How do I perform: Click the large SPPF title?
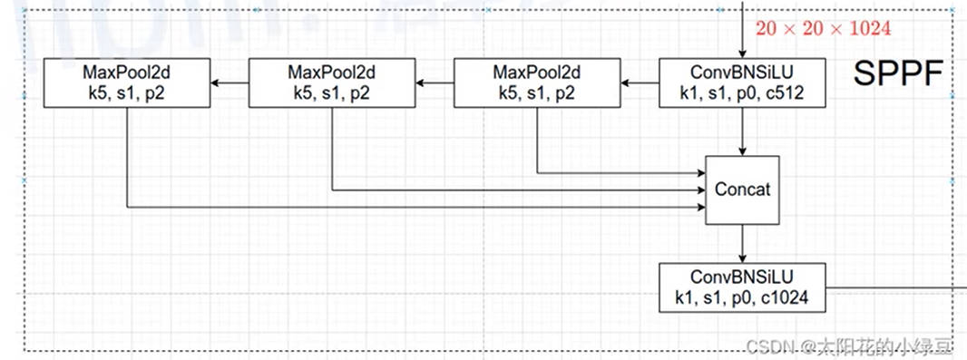[x=899, y=74]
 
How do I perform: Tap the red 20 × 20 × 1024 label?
[x=824, y=29]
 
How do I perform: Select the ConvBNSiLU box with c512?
[x=743, y=83]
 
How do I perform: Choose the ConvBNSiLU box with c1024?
[x=743, y=287]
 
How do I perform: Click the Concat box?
[x=743, y=190]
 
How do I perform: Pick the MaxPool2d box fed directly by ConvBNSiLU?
[x=536, y=83]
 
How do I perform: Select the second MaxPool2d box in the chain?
[x=332, y=83]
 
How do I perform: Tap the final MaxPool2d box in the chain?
[x=127, y=83]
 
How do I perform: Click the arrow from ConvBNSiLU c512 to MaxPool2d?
[x=640, y=83]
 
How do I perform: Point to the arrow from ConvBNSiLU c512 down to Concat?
[x=743, y=131]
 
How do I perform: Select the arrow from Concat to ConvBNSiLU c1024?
[x=743, y=244]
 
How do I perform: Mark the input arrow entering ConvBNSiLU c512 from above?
[x=743, y=29]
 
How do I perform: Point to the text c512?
[x=788, y=94]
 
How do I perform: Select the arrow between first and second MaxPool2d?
[x=435, y=83]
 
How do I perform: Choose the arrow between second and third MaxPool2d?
[x=230, y=83]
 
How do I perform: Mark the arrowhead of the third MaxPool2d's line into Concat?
[x=701, y=207]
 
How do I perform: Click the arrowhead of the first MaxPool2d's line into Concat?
[x=701, y=172]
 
